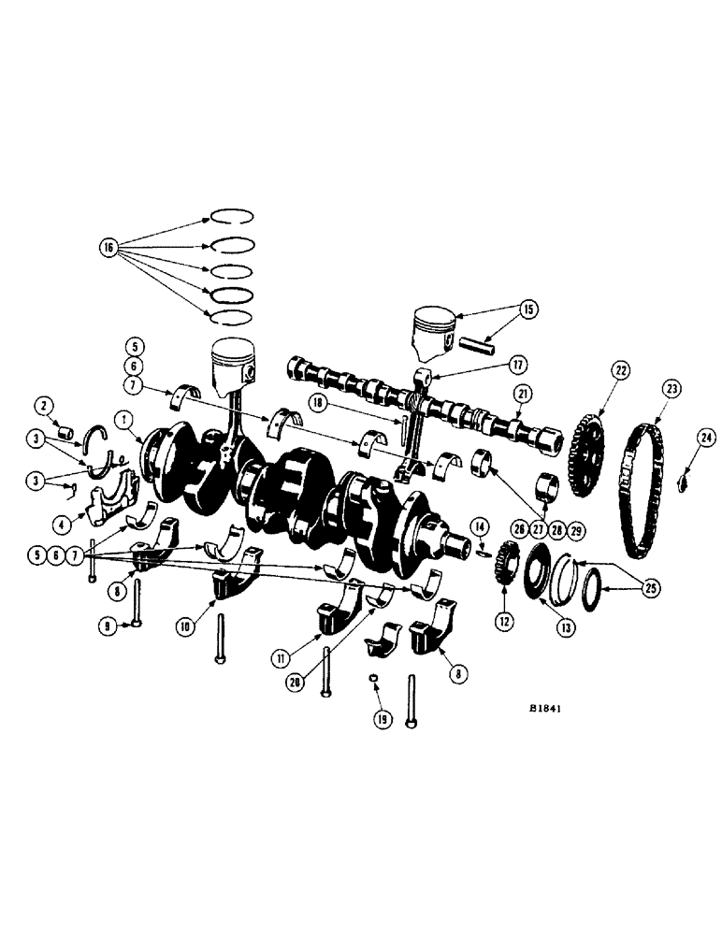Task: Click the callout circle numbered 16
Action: [109, 248]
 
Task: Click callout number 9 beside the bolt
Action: [109, 626]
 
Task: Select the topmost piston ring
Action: [232, 214]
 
